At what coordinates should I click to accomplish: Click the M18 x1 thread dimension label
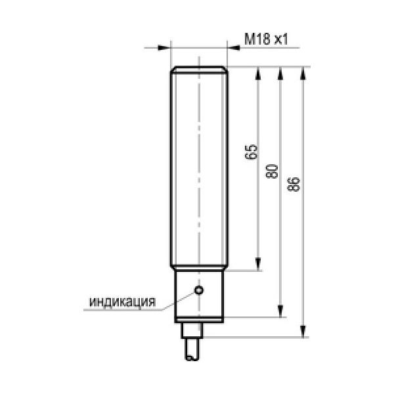(x=266, y=39)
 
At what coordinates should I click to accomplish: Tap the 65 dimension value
(x=252, y=152)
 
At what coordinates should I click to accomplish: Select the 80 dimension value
(x=272, y=171)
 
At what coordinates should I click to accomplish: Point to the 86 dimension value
(x=294, y=185)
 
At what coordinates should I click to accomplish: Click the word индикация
(x=123, y=302)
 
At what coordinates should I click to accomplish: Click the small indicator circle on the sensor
(x=199, y=290)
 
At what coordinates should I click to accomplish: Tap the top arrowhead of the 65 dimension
(x=258, y=73)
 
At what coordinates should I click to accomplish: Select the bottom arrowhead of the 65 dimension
(x=258, y=264)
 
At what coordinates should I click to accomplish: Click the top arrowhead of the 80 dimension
(x=280, y=73)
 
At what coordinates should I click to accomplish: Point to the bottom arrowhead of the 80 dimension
(x=280, y=311)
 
